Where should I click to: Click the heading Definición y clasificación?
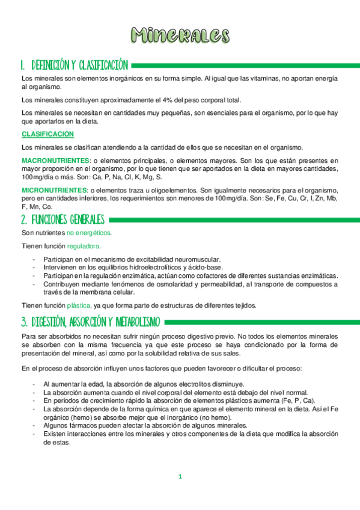(x=74, y=64)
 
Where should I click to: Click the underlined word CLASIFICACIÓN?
(x=47, y=134)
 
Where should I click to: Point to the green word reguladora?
(x=84, y=246)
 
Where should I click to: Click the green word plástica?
(x=79, y=305)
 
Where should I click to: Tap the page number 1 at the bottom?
(x=180, y=477)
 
